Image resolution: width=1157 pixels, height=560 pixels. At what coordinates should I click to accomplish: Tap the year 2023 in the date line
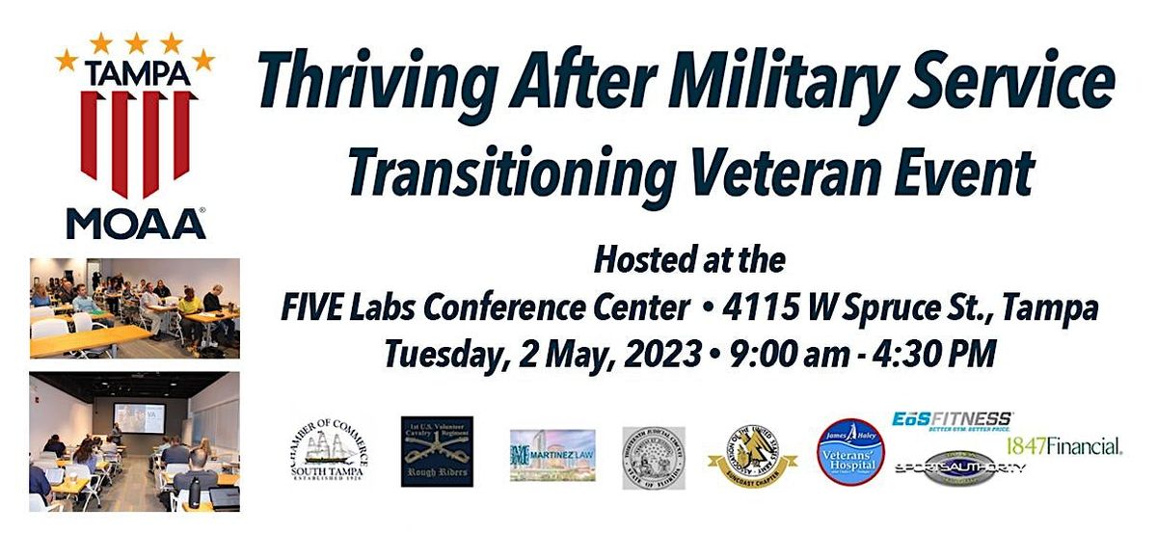coord(648,353)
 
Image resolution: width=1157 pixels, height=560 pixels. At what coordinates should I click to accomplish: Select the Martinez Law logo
coord(552,454)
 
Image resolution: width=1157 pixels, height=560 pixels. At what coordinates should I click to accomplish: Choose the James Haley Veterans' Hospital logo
coord(849,450)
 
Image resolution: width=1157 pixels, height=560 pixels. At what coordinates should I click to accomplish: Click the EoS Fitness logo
coord(952,422)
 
